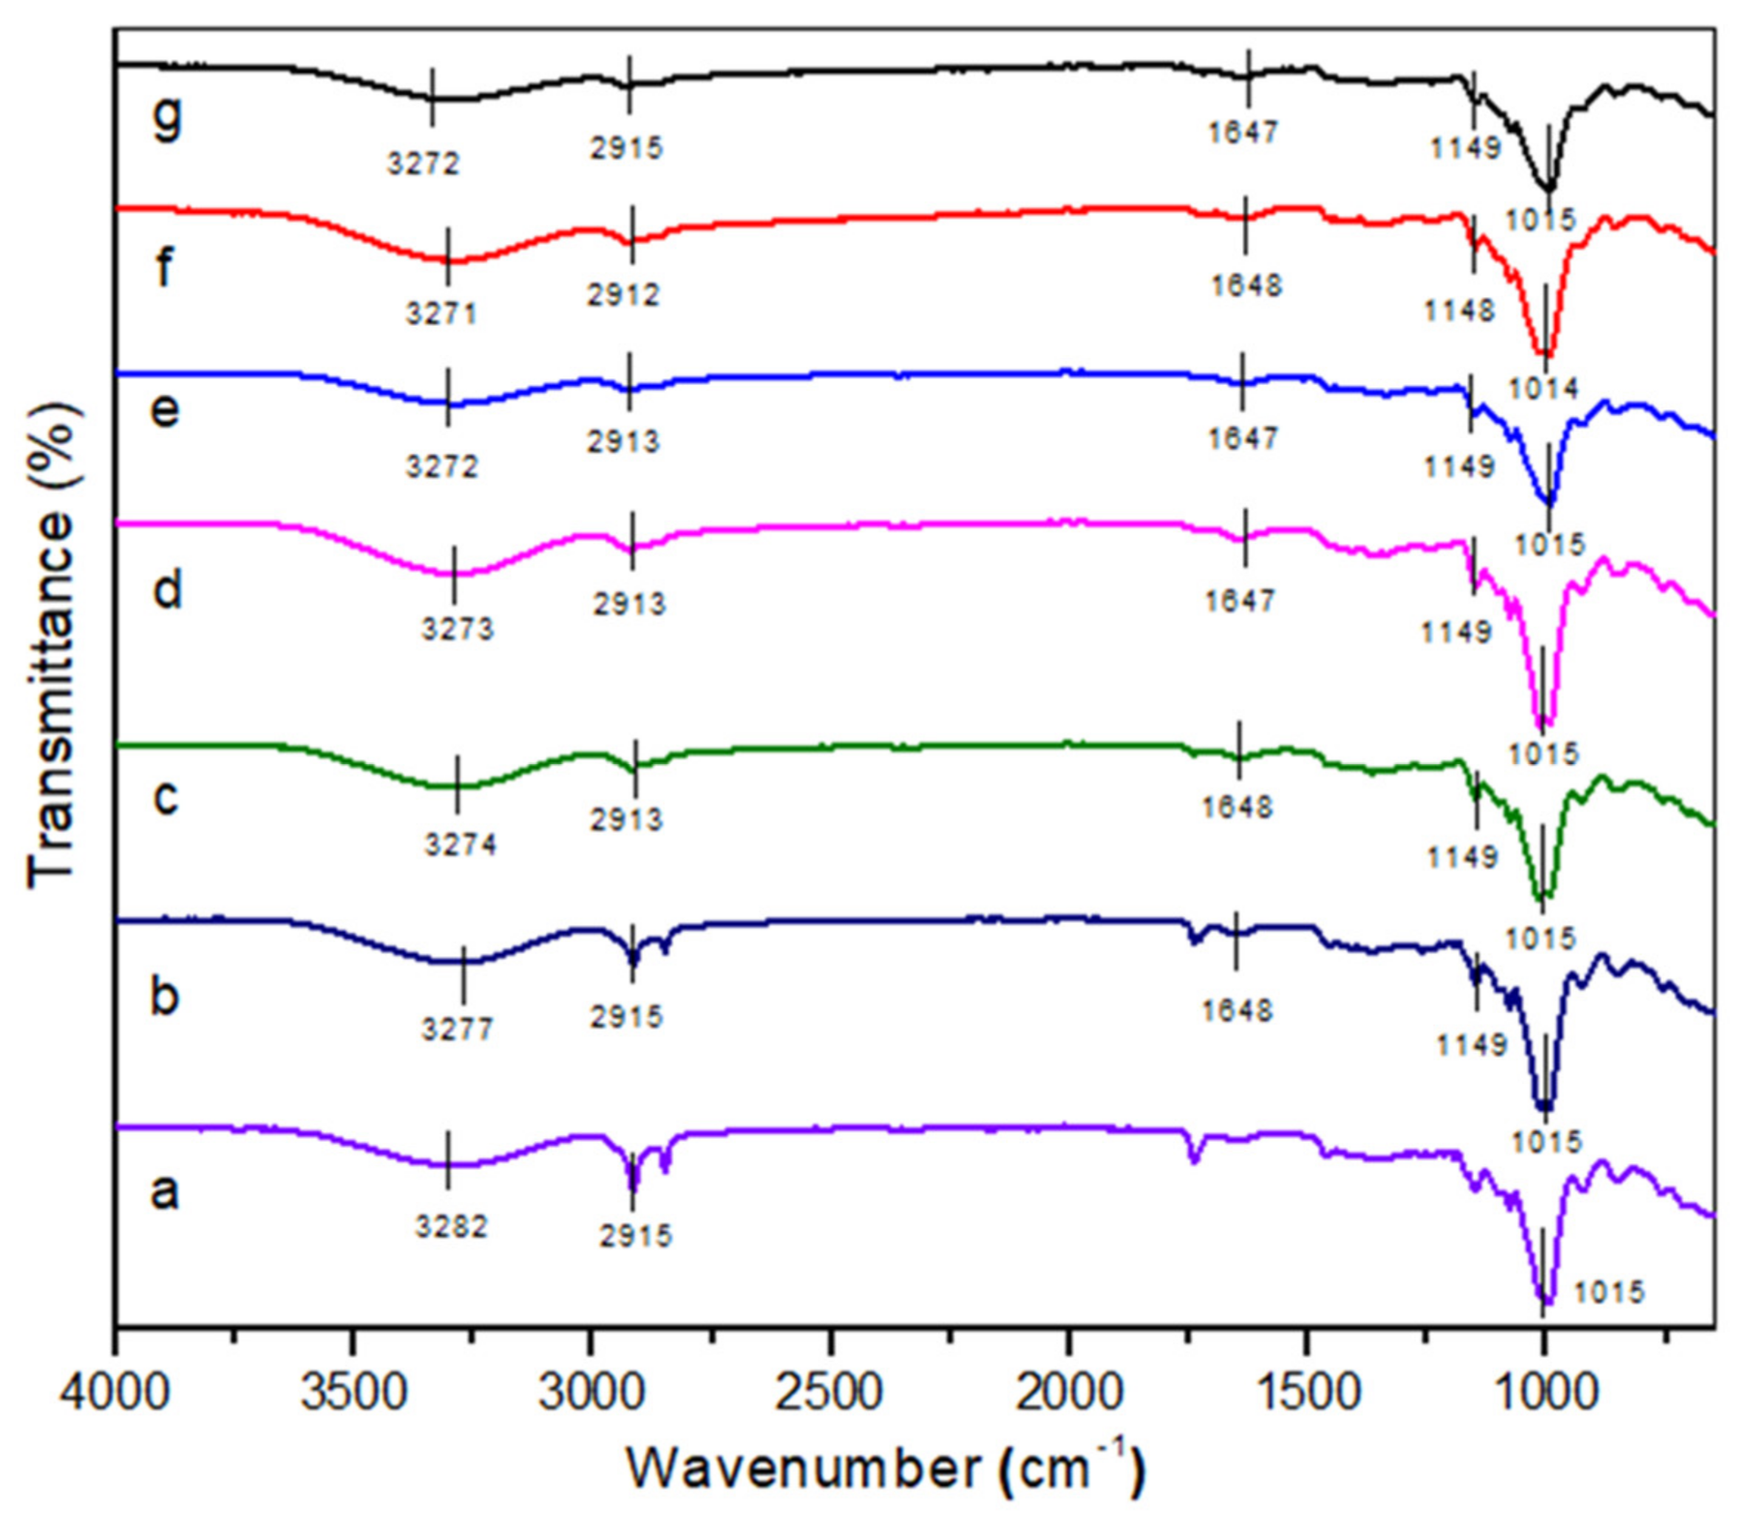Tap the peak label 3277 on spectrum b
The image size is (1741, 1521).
[458, 1030]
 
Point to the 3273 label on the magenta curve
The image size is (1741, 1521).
[458, 630]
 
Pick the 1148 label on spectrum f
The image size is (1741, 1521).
[1459, 311]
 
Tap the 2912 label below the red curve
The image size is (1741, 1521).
[623, 296]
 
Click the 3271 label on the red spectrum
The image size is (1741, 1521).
[441, 315]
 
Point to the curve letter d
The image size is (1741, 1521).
[167, 589]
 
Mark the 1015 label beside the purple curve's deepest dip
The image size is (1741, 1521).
[1609, 1316]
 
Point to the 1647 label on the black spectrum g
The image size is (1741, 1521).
[1242, 132]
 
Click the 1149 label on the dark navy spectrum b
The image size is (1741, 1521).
[1471, 1044]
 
